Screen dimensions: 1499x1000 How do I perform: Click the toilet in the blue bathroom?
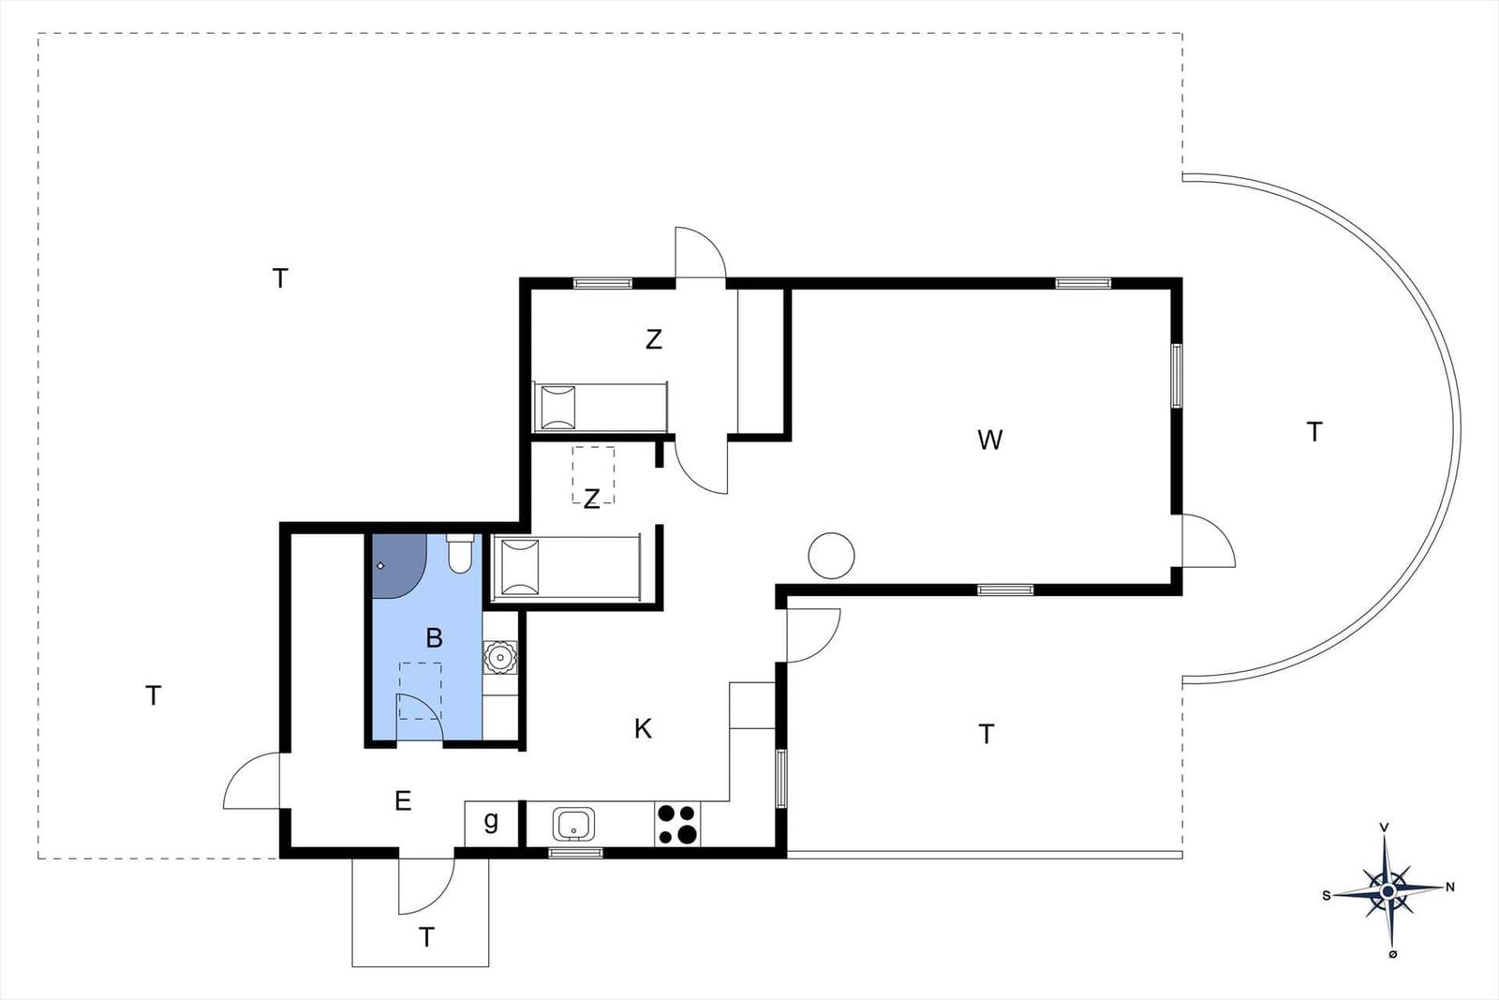click(x=459, y=553)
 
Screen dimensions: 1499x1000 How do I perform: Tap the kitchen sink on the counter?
click(x=573, y=824)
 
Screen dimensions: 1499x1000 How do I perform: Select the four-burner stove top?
click(x=677, y=824)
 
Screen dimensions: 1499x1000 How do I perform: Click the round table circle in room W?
click(x=831, y=556)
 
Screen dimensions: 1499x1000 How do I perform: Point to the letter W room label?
click(x=989, y=440)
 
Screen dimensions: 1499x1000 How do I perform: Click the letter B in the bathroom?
click(x=435, y=638)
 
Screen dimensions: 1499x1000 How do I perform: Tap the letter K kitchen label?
click(x=643, y=729)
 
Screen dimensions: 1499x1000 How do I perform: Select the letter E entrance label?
click(x=403, y=800)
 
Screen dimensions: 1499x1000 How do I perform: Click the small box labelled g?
click(x=491, y=823)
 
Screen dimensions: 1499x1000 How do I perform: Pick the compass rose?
click(x=1388, y=891)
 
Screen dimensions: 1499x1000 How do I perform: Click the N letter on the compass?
click(x=1450, y=887)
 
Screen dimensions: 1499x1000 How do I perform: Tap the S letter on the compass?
click(x=1327, y=896)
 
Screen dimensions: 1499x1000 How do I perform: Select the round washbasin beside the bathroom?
click(x=500, y=657)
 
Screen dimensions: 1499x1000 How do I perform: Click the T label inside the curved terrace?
click(x=1314, y=432)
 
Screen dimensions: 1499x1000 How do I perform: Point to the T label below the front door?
click(x=426, y=937)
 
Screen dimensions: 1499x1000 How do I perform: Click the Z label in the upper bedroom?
click(x=654, y=339)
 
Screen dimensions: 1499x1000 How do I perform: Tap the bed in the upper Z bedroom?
click(x=601, y=407)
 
